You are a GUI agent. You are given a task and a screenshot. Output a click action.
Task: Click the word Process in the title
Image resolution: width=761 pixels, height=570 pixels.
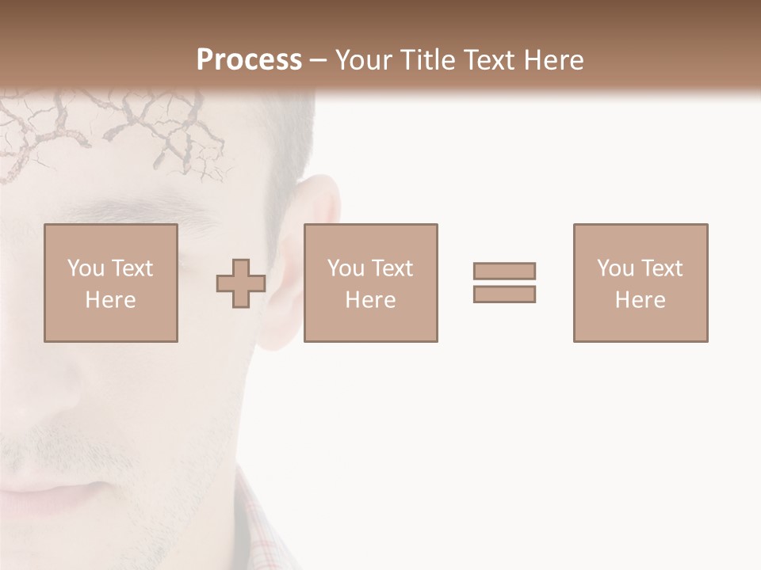tap(249, 60)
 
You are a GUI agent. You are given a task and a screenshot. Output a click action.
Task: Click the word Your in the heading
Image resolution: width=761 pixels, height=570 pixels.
tap(361, 60)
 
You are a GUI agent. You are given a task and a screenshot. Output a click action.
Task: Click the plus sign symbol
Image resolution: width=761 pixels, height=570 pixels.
tap(241, 283)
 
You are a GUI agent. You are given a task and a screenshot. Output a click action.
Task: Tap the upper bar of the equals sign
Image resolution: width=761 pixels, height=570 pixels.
tap(504, 271)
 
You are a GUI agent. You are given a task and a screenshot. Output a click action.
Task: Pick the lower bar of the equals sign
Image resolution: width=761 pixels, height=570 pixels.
tap(504, 294)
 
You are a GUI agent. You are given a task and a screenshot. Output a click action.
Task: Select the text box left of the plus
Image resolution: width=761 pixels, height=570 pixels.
tap(111, 283)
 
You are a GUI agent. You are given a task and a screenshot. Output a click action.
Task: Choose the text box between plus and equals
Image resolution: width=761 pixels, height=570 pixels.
tap(371, 283)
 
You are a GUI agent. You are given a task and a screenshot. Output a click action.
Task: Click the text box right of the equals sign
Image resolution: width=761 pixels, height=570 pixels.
tap(641, 283)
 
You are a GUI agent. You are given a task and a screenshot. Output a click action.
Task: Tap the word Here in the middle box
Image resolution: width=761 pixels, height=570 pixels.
tap(371, 300)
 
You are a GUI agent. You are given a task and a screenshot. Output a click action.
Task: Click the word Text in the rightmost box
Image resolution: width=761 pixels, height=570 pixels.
tap(661, 268)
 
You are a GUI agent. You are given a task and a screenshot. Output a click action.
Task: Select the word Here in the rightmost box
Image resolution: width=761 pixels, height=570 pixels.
tap(641, 300)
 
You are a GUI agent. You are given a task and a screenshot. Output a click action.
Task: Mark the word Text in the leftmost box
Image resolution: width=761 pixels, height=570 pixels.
tap(132, 268)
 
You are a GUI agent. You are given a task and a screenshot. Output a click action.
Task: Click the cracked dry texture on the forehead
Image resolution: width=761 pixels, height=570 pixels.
tap(119, 127)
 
